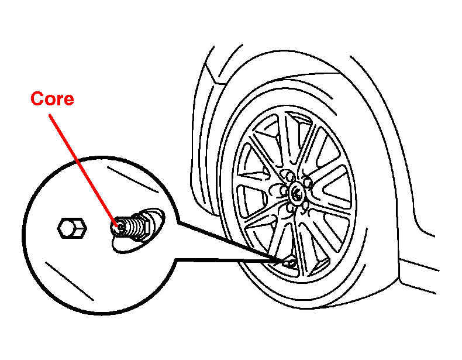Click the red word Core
(52, 99)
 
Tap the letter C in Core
(36, 99)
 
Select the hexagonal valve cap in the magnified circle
(71, 228)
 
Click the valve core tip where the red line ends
(120, 227)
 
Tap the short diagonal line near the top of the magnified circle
(133, 180)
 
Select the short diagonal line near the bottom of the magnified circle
(70, 282)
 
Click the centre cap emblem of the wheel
(295, 191)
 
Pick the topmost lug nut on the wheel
(290, 176)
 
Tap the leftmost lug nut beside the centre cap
(284, 190)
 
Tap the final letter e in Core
(68, 100)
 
